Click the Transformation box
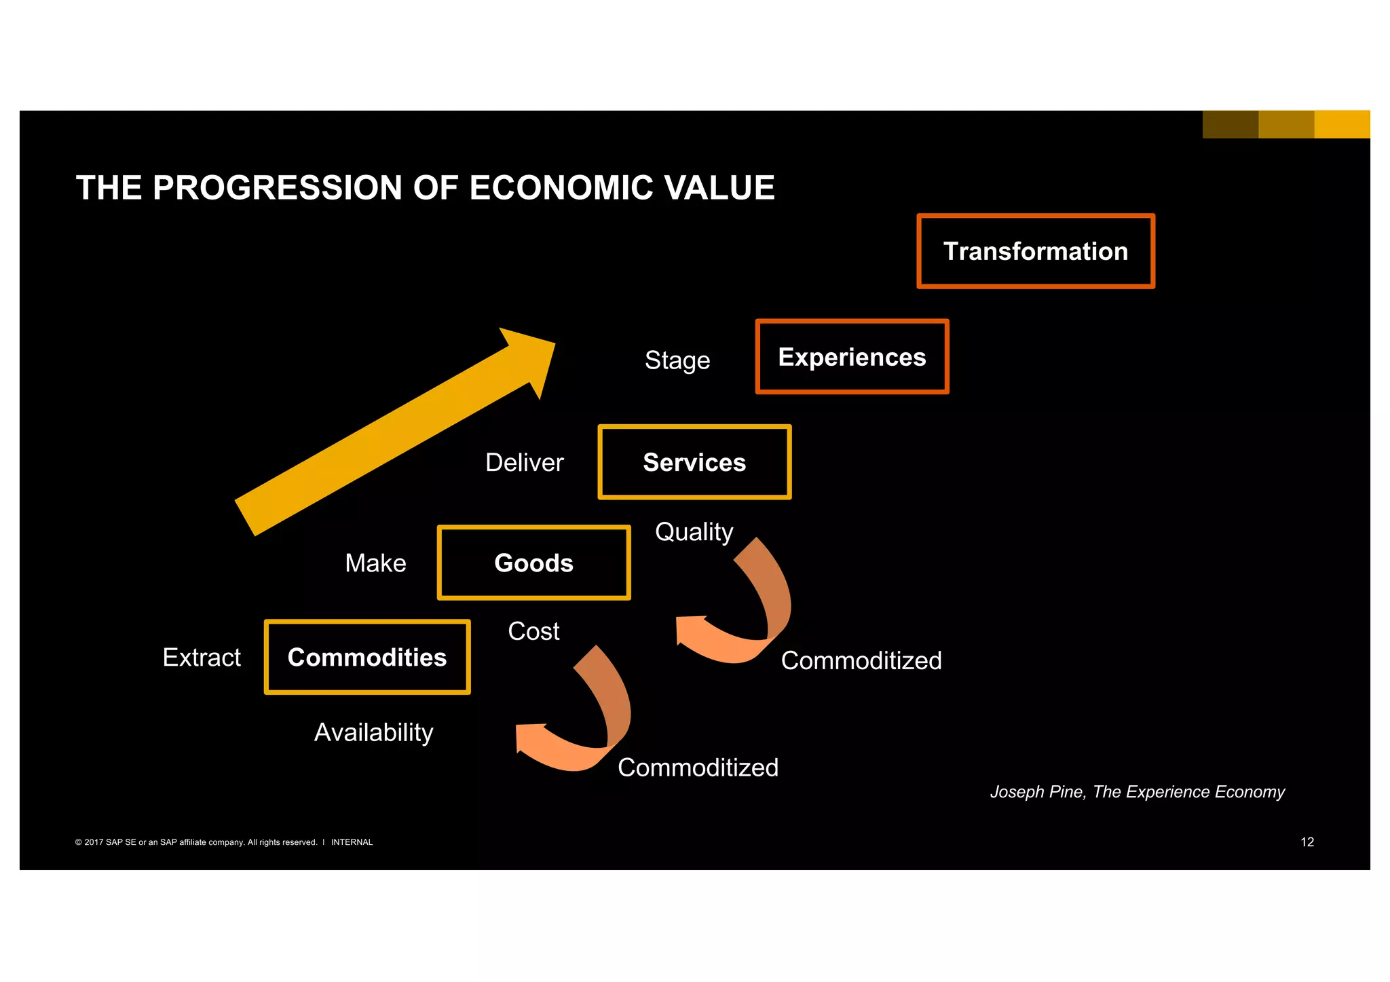coord(1035,251)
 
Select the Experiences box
coord(852,357)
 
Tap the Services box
coord(694,462)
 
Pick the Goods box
coord(533,563)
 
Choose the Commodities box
coord(367,657)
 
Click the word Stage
coord(677,360)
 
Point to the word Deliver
coord(524,462)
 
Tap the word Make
coord(375,563)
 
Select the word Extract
coord(202,657)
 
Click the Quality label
coord(694,531)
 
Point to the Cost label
coord(533,631)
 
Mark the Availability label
coord(373,732)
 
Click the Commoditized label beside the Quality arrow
coord(861,660)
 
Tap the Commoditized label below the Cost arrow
coord(698,768)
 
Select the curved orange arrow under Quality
coord(747,611)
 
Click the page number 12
coord(1307,842)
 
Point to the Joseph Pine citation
coord(1137,792)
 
